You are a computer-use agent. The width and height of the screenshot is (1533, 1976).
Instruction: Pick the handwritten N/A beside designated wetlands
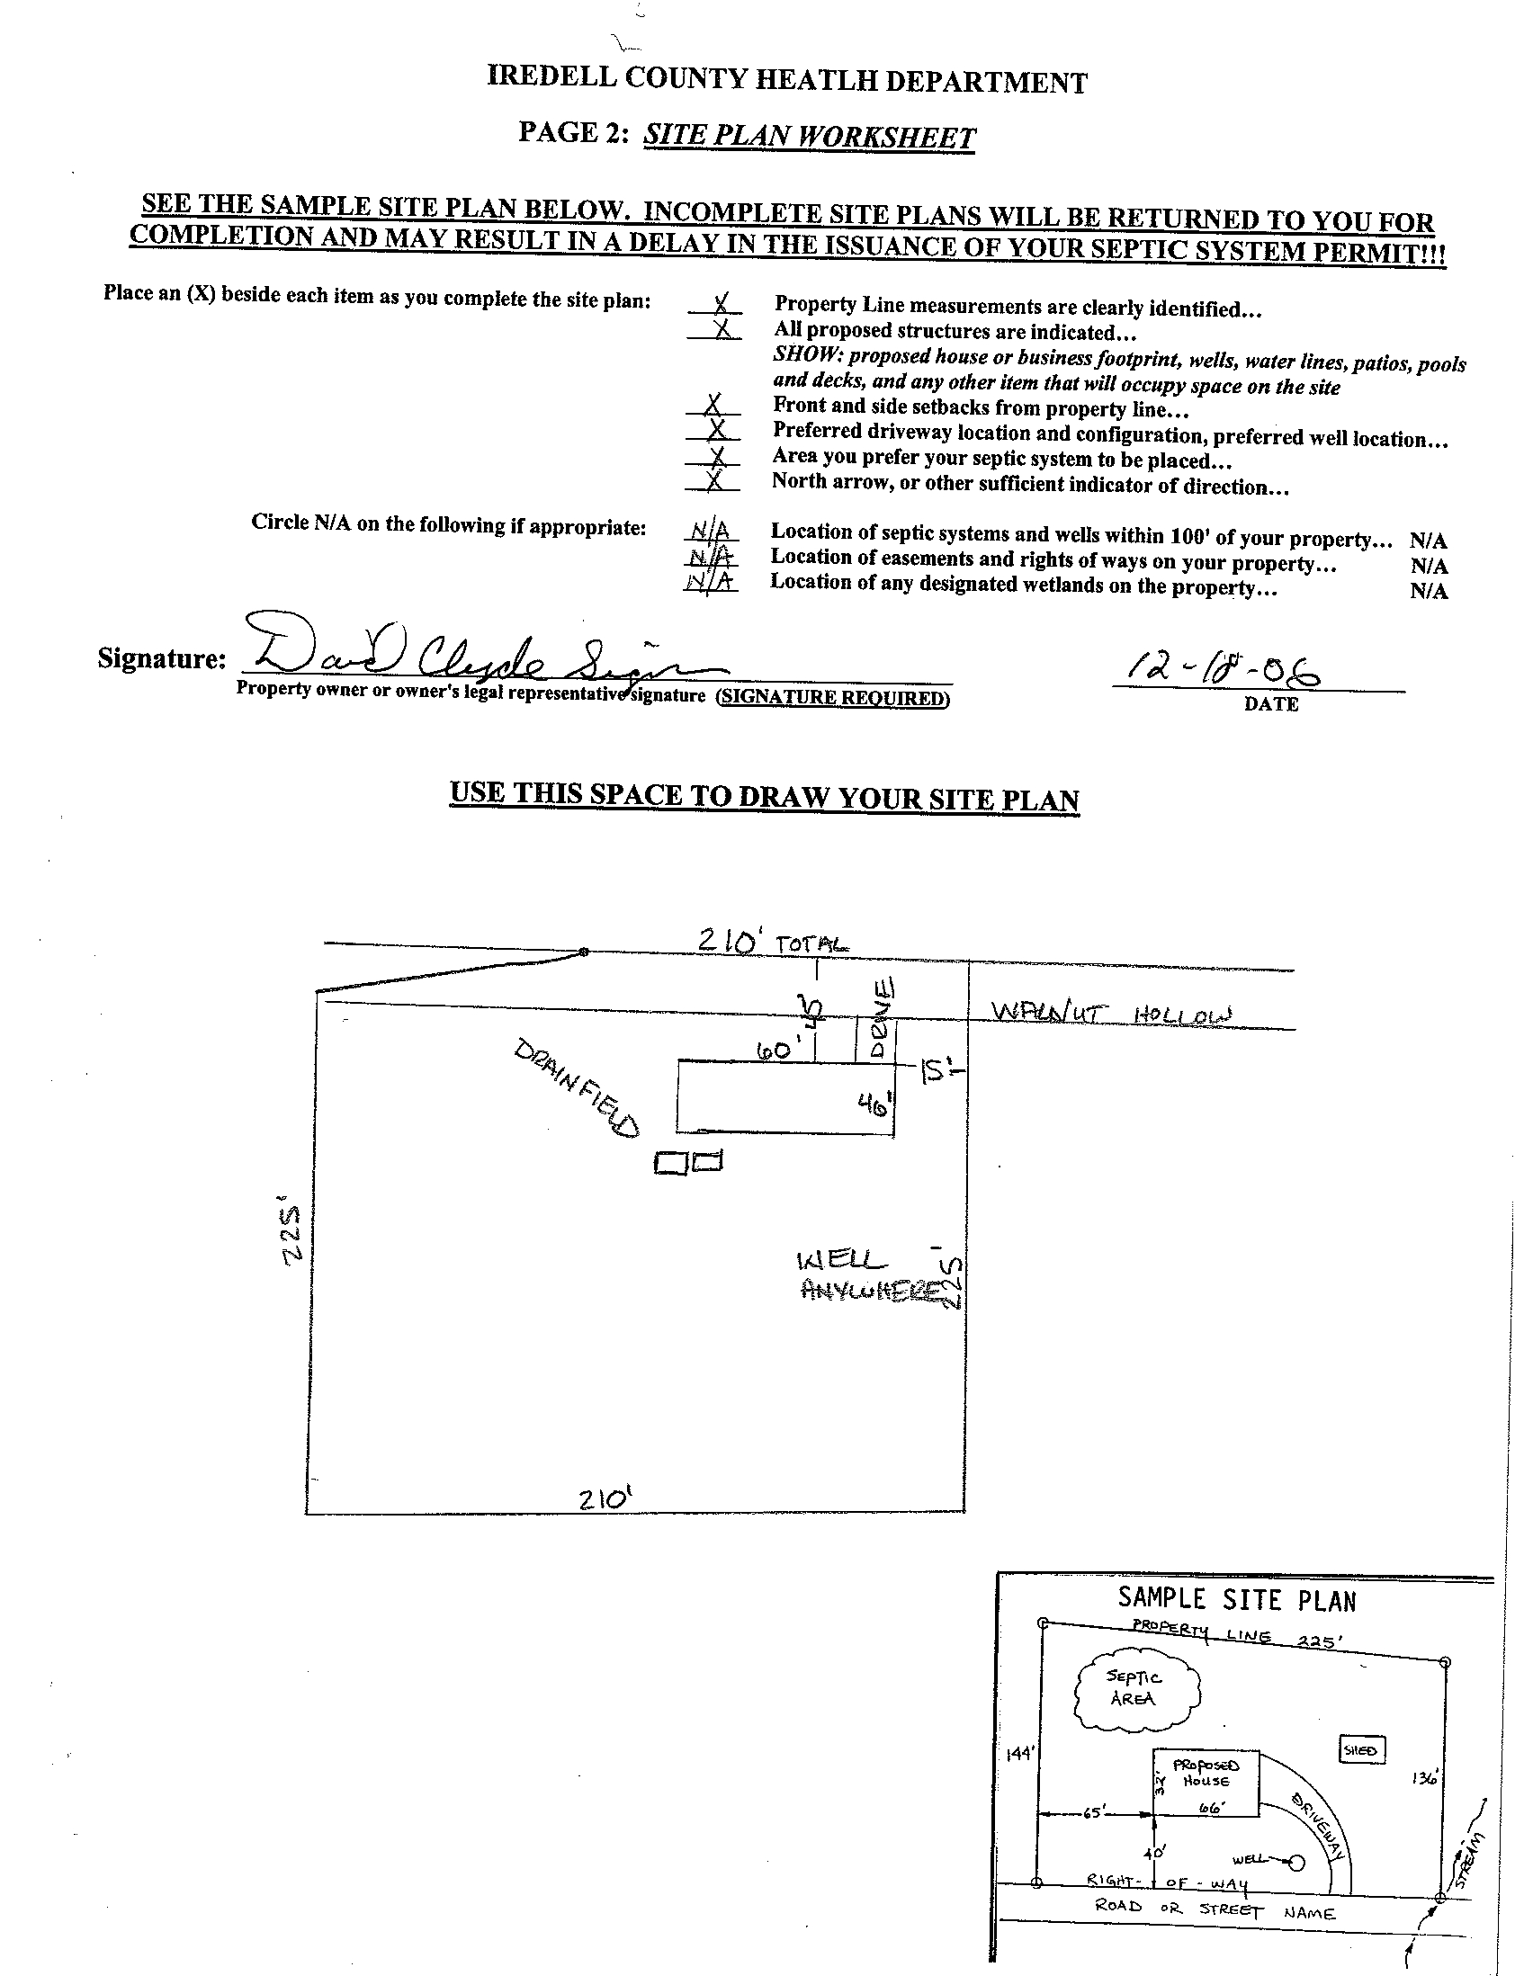click(710, 582)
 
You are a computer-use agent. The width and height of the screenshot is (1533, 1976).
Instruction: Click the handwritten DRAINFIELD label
click(576, 1086)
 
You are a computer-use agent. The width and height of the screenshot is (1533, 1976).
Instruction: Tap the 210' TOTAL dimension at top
click(773, 941)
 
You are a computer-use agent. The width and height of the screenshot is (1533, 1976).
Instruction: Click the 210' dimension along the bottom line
click(605, 1499)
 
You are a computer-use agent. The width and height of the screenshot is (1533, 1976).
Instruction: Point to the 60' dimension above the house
click(773, 1050)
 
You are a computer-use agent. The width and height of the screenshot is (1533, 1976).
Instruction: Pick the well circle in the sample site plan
click(1295, 1862)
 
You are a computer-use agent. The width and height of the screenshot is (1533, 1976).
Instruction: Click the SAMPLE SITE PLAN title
click(1236, 1600)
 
